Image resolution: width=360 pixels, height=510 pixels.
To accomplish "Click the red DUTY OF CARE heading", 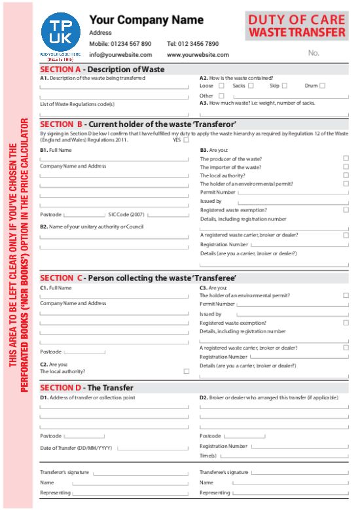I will (297, 20).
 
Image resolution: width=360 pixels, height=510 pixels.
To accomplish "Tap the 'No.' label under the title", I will (314, 53).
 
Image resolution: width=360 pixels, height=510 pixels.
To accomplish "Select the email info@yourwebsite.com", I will (120, 55).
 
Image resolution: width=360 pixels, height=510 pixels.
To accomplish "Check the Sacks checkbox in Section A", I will (251, 86).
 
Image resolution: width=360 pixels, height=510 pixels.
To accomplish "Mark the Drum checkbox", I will (322, 86).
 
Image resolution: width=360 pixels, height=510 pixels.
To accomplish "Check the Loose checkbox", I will (221, 86).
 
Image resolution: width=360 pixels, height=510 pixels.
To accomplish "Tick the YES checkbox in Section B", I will (187, 139).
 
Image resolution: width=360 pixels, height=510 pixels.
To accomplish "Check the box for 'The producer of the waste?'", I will (346, 158).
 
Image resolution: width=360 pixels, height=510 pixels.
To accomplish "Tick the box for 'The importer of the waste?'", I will (346, 167).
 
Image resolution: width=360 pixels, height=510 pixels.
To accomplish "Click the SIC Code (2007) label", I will (126, 214).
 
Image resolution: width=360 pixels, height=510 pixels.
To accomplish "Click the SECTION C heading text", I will (138, 278).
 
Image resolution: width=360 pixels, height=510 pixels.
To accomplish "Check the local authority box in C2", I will (187, 371).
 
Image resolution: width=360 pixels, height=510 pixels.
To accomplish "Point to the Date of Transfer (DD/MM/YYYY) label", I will (76, 448).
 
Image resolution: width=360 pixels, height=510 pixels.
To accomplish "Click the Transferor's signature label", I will (65, 472).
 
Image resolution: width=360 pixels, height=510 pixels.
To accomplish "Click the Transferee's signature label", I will (224, 472).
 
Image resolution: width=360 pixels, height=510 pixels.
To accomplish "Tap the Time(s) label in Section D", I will (208, 456).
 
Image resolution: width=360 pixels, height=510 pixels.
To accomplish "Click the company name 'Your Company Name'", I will (146, 20).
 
